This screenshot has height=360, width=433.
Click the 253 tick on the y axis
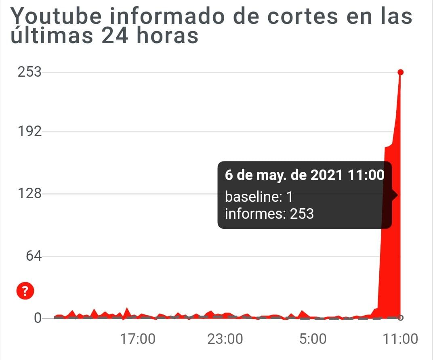tap(29, 72)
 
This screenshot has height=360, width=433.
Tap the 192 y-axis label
tap(29, 132)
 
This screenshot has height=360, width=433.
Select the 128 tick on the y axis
tap(29, 194)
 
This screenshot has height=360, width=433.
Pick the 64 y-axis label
tap(33, 256)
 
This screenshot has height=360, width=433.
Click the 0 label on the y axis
tap(38, 318)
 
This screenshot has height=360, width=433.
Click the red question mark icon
tap(25, 290)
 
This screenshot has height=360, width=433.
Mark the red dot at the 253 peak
tap(400, 72)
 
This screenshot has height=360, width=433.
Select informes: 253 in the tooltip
tap(269, 213)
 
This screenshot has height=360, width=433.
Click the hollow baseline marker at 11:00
tap(400, 317)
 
